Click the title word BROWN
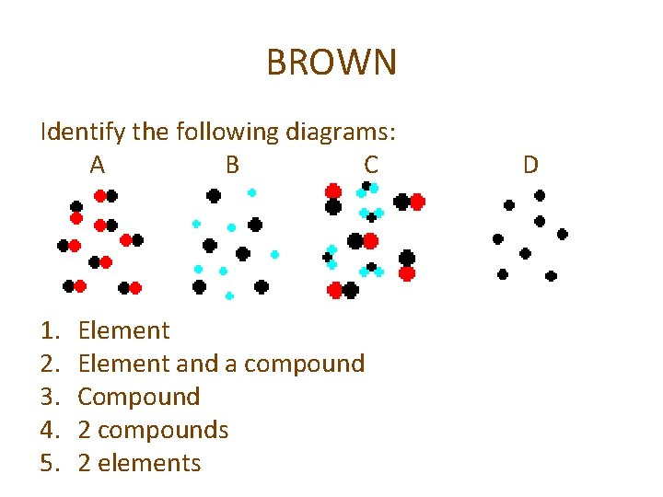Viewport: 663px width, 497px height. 331,64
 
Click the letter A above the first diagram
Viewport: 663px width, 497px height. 97,165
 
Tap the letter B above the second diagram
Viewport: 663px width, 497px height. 232,165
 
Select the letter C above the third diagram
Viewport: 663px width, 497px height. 370,165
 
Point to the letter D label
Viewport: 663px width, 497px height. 530,165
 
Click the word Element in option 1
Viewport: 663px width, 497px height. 124,330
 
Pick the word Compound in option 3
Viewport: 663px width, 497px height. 139,397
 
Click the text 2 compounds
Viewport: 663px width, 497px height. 153,430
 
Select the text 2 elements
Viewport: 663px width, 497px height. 139,463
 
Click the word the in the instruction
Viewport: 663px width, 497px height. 150,133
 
